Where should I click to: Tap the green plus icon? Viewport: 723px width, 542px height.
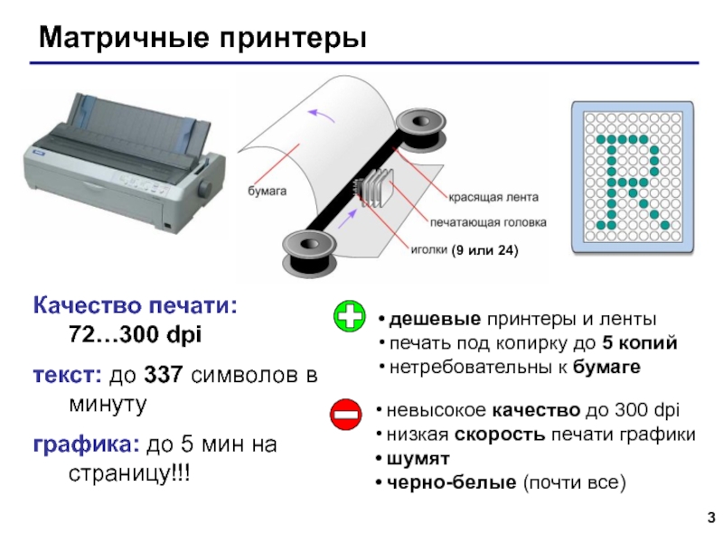point(350,316)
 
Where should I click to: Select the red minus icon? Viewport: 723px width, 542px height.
point(346,415)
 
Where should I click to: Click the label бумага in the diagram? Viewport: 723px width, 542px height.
point(267,191)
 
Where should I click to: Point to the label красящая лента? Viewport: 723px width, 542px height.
point(493,197)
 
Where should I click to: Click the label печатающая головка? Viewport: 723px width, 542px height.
point(488,222)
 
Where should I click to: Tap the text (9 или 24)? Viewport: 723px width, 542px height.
point(485,250)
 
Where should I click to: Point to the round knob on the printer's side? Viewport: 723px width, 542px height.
point(206,189)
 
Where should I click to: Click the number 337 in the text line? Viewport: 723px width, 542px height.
point(164,375)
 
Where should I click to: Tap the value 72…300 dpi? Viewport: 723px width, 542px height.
point(135,334)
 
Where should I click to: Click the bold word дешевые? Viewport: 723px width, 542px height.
point(435,319)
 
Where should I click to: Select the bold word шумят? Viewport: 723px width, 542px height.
point(418,459)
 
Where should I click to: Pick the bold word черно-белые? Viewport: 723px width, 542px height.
point(451,482)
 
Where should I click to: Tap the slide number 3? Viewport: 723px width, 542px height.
point(711,517)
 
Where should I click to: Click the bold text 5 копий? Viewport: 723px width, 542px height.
point(640,343)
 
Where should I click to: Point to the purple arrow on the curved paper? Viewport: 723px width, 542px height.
point(322,115)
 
